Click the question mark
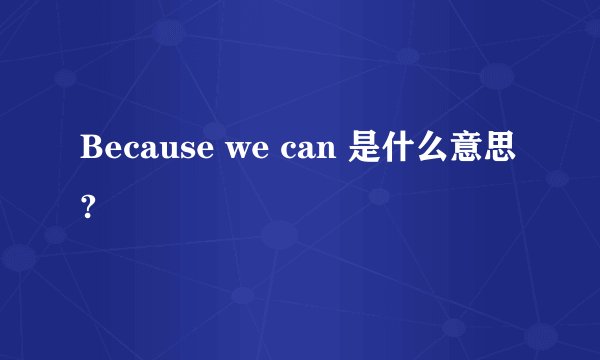pos(91,207)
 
